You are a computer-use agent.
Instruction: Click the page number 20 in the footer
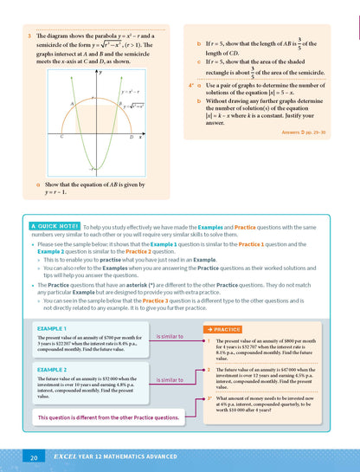33,457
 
